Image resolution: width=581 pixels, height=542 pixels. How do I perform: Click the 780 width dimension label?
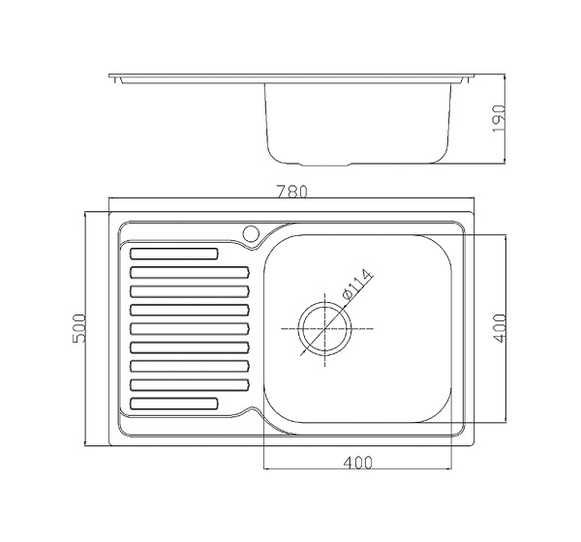(292, 192)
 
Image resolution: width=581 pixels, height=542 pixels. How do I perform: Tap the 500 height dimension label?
(79, 328)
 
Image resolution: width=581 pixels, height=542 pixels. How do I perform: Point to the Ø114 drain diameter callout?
(356, 284)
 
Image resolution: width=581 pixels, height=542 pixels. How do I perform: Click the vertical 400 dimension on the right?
(500, 328)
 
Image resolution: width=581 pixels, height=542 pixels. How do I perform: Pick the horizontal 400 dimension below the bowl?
(357, 463)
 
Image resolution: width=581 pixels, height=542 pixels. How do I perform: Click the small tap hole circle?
(251, 233)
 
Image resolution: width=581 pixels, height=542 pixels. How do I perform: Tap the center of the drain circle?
(325, 329)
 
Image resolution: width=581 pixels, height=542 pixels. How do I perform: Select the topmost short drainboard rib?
(174, 254)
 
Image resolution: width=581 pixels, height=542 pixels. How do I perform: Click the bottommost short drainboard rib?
(174, 404)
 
